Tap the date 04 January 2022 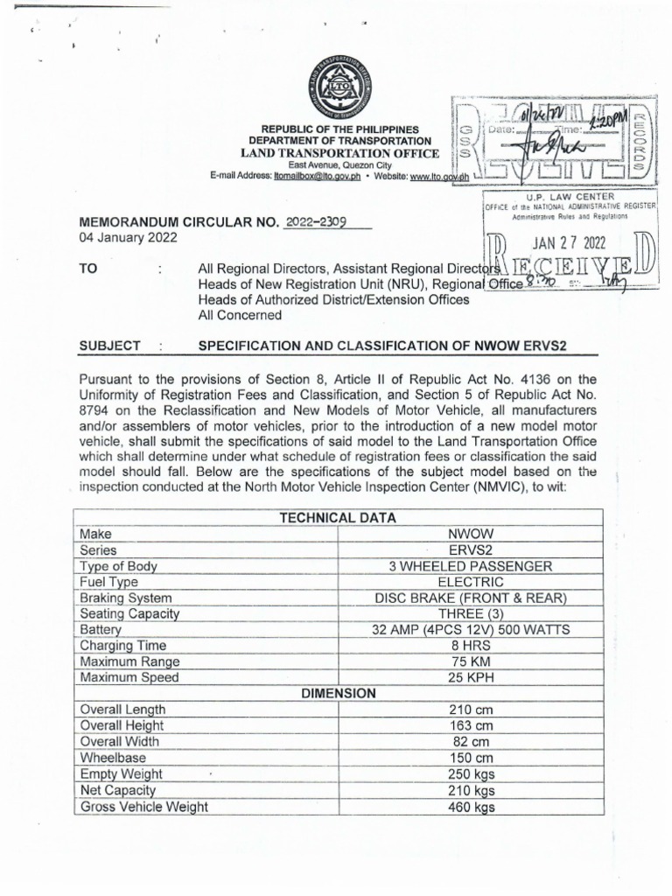[x=128, y=237]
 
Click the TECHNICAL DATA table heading [x=338, y=518]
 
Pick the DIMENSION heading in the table [x=338, y=693]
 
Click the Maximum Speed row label [x=129, y=677]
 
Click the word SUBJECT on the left [x=109, y=346]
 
